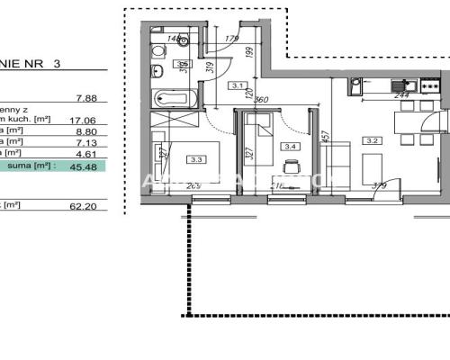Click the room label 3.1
238,86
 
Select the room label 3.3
196,159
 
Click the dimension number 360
264,100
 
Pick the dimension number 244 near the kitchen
402,95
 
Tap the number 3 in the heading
58,64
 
